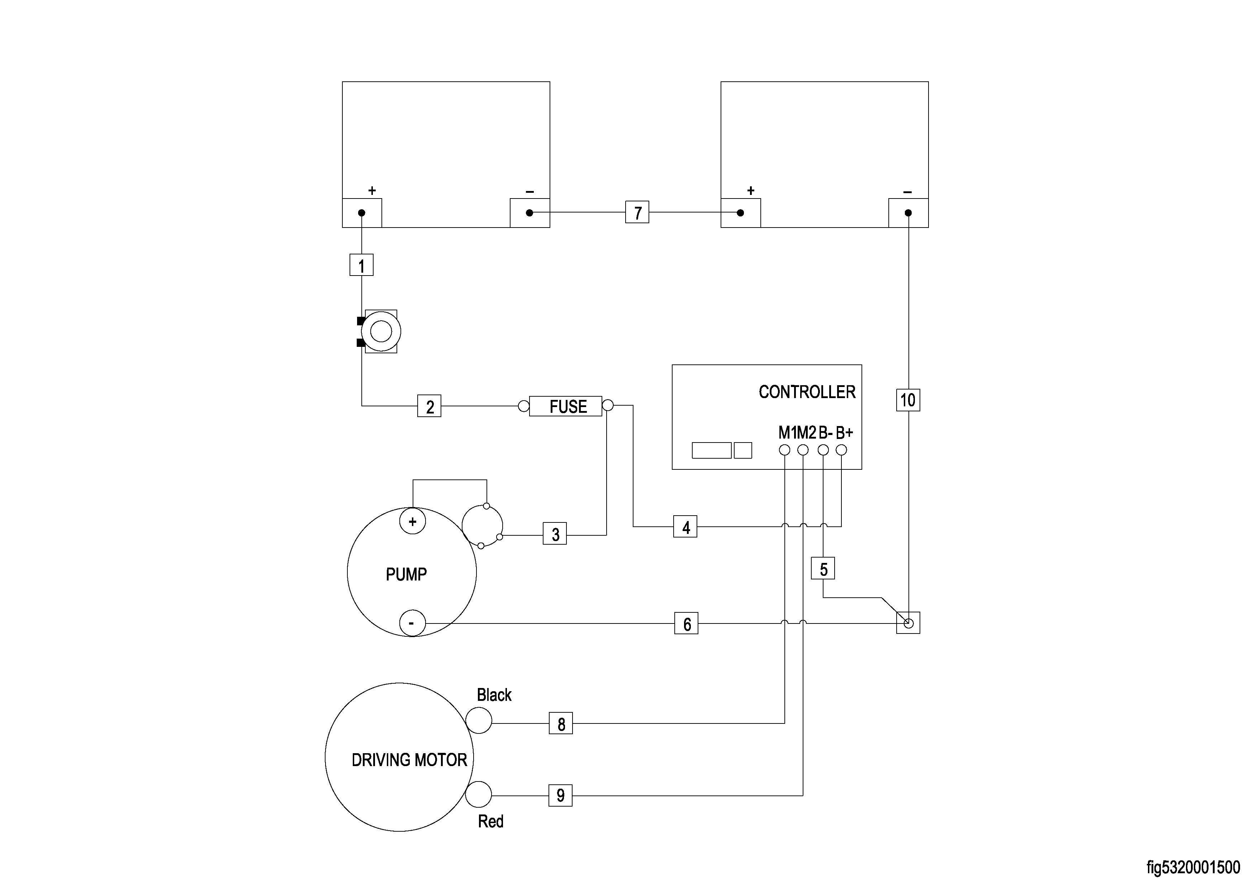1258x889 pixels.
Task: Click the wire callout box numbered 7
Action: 637,212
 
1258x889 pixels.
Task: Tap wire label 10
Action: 908,400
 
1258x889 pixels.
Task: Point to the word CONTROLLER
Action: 807,392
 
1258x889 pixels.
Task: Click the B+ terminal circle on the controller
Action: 841,450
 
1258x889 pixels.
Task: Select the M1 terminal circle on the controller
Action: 785,450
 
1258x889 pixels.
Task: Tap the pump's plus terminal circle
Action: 413,521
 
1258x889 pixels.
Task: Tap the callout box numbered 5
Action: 823,569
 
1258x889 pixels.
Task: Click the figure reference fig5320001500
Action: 1193,868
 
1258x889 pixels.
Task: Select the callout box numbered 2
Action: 429,406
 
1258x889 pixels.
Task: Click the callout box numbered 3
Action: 555,534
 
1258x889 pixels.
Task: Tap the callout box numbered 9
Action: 560,795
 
